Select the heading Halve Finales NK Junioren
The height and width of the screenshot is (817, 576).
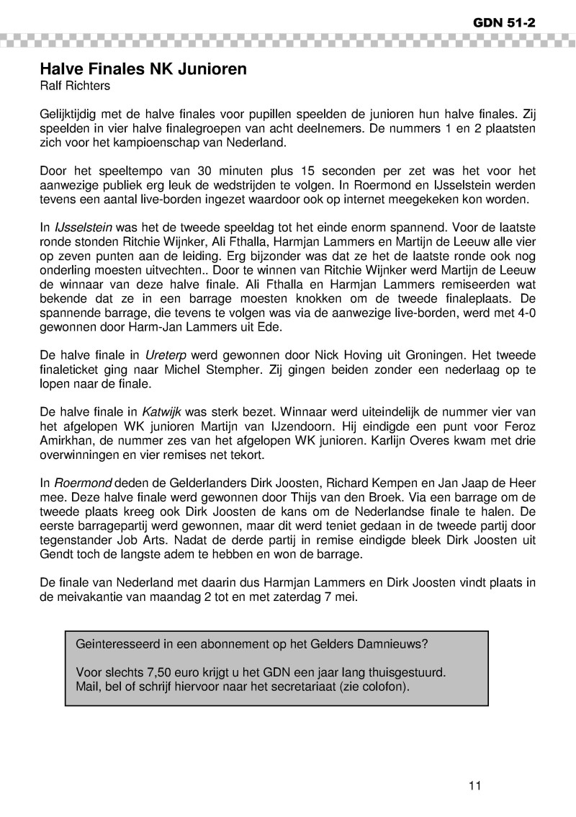pyautogui.click(x=143, y=69)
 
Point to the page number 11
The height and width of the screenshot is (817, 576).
pyautogui.click(x=474, y=785)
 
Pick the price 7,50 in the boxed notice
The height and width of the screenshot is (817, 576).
pyautogui.click(x=140, y=672)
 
